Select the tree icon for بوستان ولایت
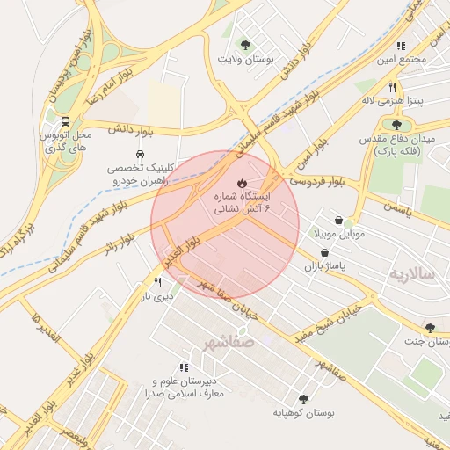click(245, 45)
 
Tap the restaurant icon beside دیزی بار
click(157, 282)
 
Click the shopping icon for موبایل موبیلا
click(339, 221)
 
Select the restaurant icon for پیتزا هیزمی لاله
click(392, 88)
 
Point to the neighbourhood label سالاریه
click(413, 273)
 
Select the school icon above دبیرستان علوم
click(184, 367)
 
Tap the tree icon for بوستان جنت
click(429, 328)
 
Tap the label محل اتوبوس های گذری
click(66, 144)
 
